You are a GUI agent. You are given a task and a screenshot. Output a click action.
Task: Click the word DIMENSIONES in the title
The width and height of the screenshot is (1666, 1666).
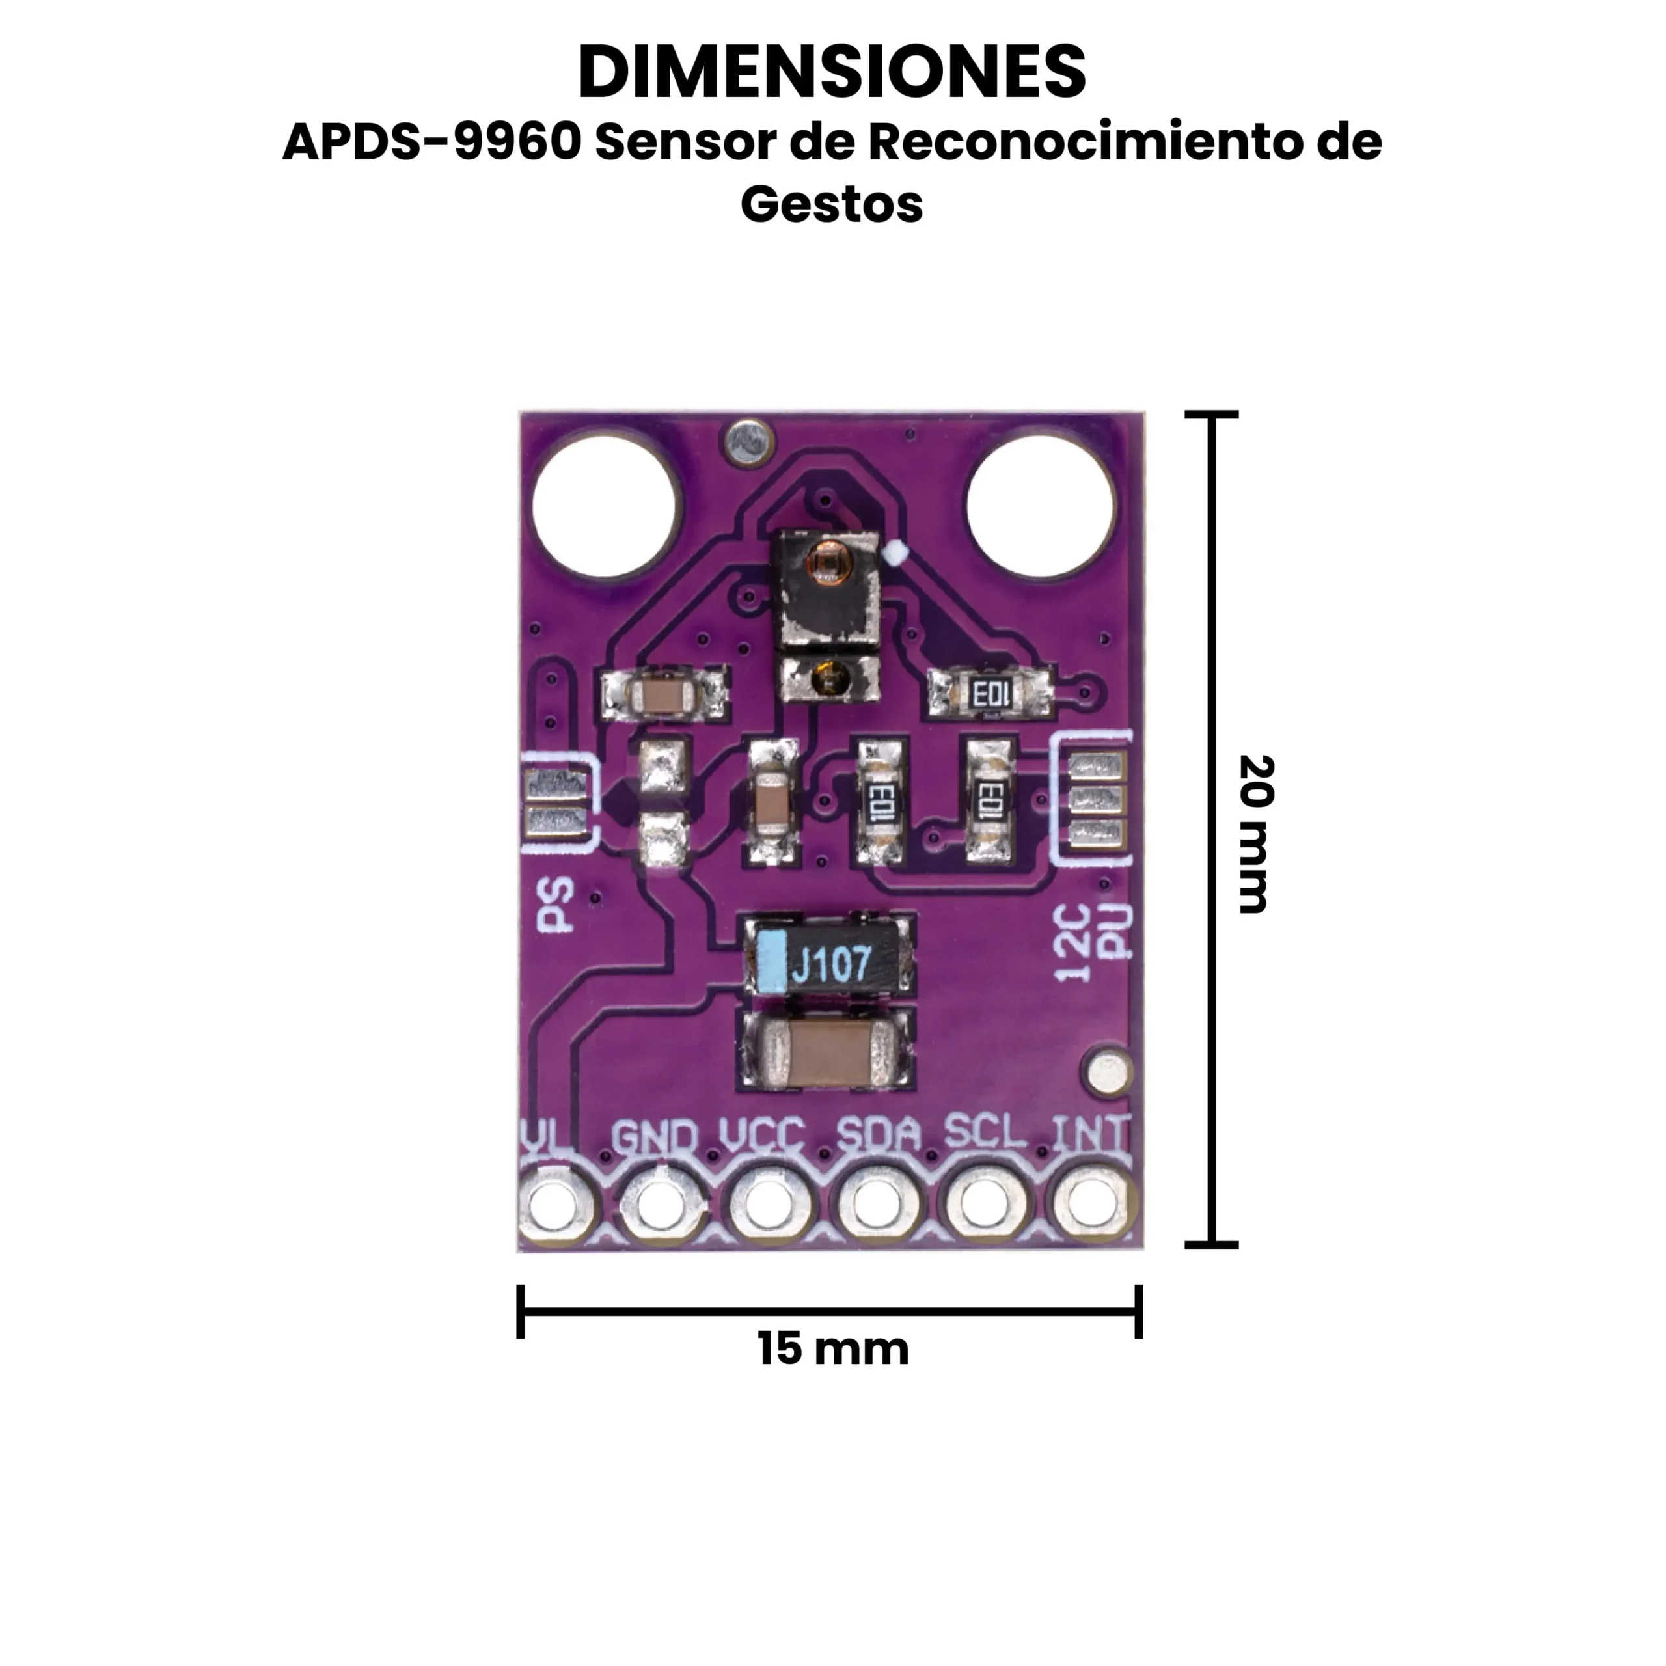832,72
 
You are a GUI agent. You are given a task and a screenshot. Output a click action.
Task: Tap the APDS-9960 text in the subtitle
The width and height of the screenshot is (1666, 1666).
432,143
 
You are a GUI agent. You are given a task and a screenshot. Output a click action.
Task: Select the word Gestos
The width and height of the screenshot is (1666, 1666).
832,205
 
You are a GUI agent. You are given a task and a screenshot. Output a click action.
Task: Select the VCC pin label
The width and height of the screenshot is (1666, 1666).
762,1136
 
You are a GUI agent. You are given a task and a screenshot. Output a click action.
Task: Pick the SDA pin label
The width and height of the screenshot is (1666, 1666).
879,1135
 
